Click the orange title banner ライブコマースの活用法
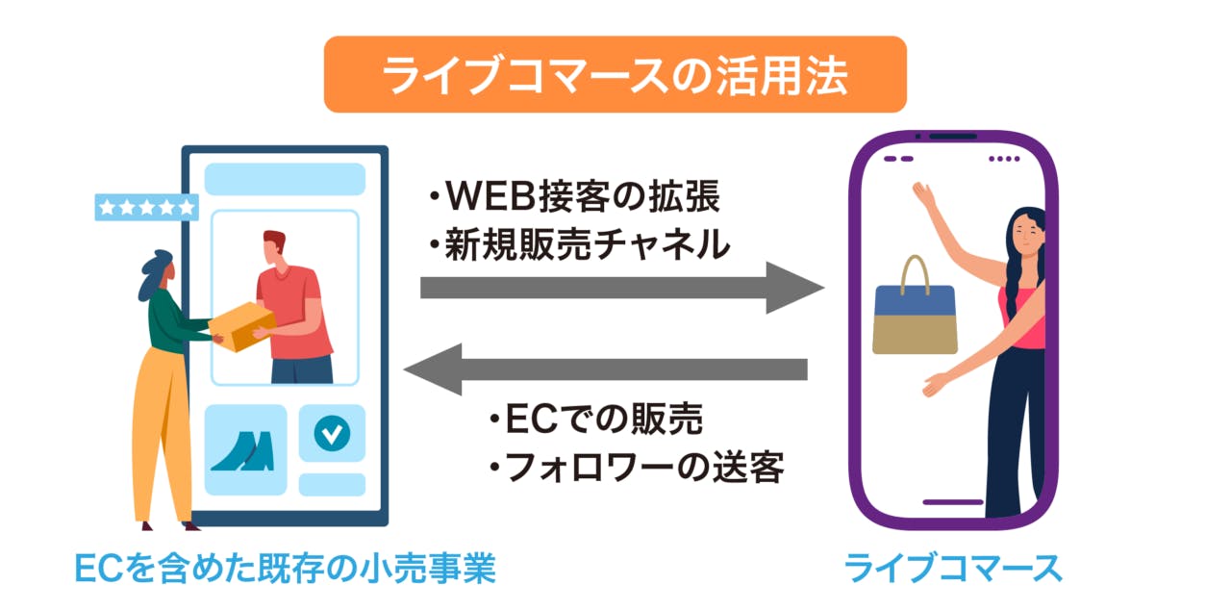615,74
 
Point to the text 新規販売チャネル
579,246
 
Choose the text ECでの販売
594,419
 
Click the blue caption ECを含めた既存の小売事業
285,568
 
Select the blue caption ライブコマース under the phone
953,568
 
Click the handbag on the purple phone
915,318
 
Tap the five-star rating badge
146,207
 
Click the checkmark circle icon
332,434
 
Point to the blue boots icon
242,450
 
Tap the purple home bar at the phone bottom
952,501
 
